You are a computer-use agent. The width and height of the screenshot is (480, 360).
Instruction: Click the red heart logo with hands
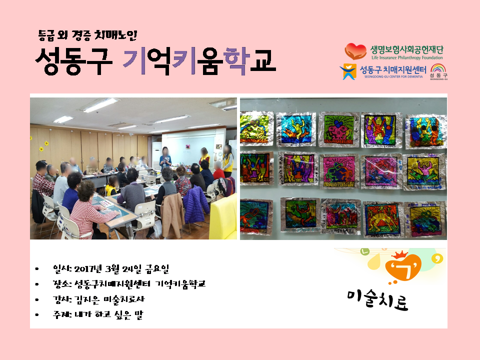point(355,51)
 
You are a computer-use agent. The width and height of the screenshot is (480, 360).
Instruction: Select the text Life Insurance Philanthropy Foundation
point(407,57)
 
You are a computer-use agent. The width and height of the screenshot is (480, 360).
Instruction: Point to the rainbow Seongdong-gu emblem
point(438,71)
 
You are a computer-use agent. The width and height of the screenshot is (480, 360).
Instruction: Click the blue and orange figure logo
point(348,71)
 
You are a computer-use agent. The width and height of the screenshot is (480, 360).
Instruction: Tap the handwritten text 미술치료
point(377,299)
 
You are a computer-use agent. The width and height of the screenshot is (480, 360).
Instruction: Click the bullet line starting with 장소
point(129,284)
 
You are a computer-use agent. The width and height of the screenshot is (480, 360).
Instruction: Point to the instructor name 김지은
point(86,299)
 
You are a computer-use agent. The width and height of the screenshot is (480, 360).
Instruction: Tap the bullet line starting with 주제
point(97,314)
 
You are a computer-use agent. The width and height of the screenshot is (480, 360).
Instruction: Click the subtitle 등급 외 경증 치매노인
point(87,35)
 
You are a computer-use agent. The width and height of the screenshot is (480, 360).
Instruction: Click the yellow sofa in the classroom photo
point(223,217)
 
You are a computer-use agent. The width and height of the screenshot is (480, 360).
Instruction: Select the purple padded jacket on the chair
point(196,204)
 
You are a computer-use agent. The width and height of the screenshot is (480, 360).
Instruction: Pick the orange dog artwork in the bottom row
point(383,218)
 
